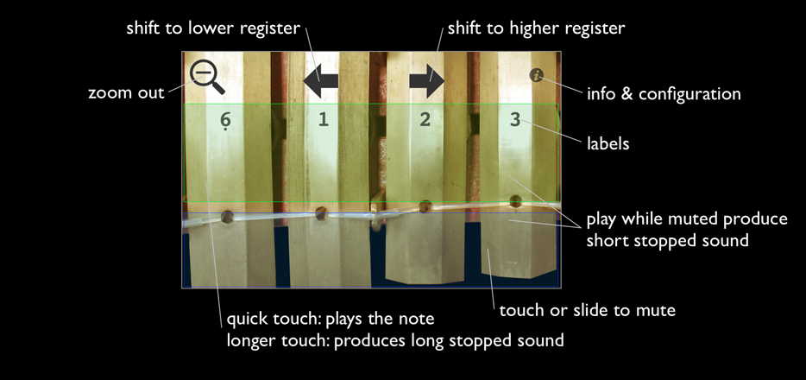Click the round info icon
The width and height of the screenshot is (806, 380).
point(538,76)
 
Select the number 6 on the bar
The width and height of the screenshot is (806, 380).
point(225,121)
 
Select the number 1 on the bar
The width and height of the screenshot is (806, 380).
point(324,119)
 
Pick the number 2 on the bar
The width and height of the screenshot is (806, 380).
point(425,119)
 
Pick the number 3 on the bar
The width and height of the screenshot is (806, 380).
point(515,119)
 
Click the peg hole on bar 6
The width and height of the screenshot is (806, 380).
point(228,217)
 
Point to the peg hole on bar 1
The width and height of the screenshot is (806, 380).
point(321,212)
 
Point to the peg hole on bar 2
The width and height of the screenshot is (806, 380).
point(425,207)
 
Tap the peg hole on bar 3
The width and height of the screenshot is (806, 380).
point(516,202)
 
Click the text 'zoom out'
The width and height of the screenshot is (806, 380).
point(126,92)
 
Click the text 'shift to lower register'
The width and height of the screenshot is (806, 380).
point(212,28)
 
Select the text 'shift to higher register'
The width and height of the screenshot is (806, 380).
point(535,28)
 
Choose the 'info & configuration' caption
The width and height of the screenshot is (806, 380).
point(663,93)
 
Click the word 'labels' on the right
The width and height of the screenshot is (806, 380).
point(608,143)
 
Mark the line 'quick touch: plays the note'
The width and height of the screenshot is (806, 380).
point(331,320)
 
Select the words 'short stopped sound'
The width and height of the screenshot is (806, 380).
point(667,240)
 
